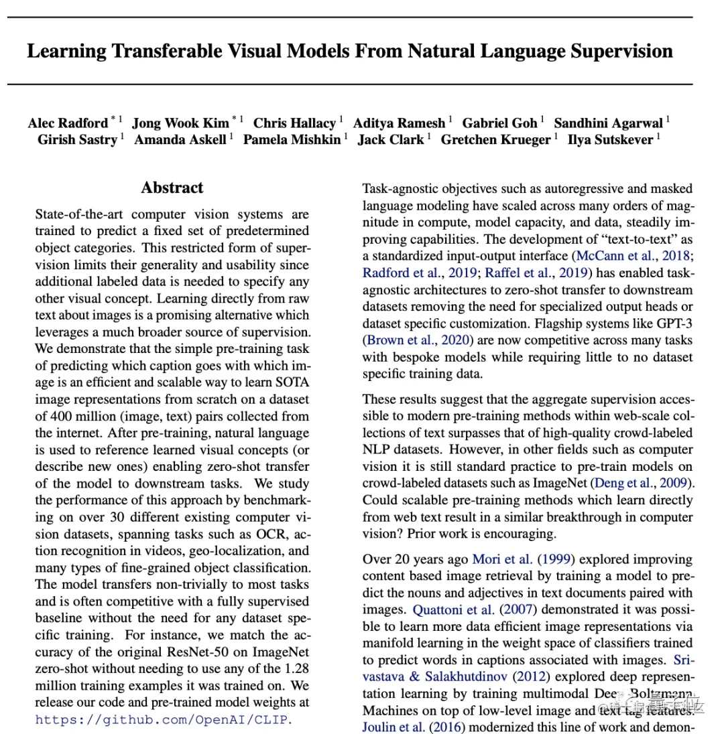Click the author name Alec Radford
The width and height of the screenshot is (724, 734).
68,123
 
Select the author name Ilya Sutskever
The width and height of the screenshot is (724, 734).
609,139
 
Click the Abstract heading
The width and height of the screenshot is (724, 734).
172,188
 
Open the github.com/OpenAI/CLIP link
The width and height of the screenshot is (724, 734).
164,720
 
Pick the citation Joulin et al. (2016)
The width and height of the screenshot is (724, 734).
410,727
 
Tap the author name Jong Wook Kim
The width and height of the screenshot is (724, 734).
180,123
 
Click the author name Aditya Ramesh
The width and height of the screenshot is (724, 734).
399,123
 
